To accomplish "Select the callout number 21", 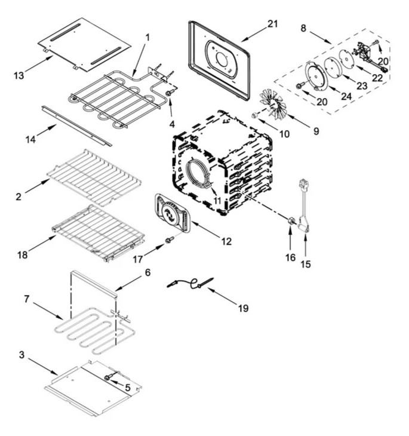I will (272, 23).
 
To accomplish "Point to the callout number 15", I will (305, 263).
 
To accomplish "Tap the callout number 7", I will (26, 298).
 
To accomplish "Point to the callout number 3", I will (21, 355).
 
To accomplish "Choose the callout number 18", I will (22, 255).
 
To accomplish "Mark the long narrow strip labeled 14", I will (76, 126).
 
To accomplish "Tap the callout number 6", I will (147, 272).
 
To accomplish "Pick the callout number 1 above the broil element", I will (147, 37).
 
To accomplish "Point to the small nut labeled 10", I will (256, 114).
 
